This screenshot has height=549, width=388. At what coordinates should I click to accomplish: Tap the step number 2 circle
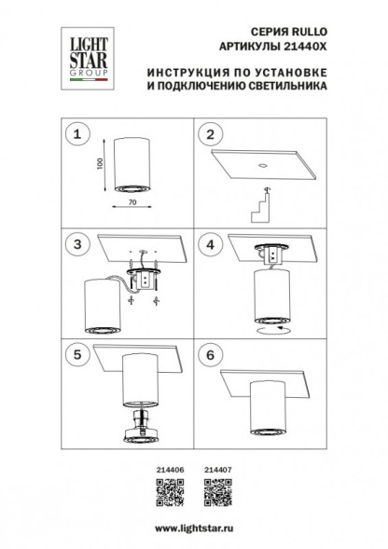pyautogui.click(x=211, y=135)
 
